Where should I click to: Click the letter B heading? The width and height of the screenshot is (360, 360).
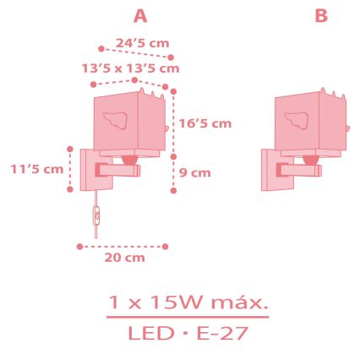pyautogui.click(x=321, y=16)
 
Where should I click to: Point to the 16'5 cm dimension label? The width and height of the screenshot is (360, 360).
pyautogui.click(x=205, y=123)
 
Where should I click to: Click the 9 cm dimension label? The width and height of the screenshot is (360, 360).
pyautogui.click(x=195, y=172)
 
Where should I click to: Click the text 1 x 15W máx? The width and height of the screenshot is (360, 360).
pyautogui.click(x=187, y=302)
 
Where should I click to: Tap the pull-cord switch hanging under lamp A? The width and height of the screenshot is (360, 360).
pyautogui.click(x=96, y=220)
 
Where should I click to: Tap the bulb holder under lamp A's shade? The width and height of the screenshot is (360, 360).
pyautogui.click(x=129, y=157)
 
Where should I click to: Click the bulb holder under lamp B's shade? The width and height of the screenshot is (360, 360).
pyautogui.click(x=311, y=157)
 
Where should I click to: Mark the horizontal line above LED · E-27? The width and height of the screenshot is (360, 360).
pyautogui.click(x=187, y=318)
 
